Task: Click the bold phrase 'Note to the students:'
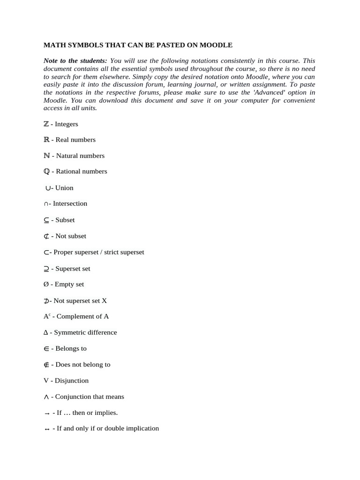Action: tap(75, 61)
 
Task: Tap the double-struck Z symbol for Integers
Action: tap(46, 124)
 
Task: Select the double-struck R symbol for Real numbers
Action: tap(46, 140)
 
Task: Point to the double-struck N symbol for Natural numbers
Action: tap(46, 156)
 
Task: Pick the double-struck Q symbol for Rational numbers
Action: tap(46, 172)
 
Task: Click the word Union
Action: tap(64, 188)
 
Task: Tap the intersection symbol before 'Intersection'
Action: tap(46, 204)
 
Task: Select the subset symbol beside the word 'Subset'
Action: tap(46, 220)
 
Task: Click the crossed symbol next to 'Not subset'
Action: tap(46, 236)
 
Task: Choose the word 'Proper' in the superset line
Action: tap(63, 252)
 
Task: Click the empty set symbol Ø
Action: tap(46, 285)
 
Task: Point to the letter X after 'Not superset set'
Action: tap(105, 300)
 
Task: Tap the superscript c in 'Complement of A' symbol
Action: tap(49, 315)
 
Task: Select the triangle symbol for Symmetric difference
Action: tap(46, 333)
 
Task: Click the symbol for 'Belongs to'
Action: tap(46, 349)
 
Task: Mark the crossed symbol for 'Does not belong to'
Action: tap(46, 365)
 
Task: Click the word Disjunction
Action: tap(72, 381)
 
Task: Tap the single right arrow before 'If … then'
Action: tap(46, 413)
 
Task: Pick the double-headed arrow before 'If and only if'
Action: tap(46, 429)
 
